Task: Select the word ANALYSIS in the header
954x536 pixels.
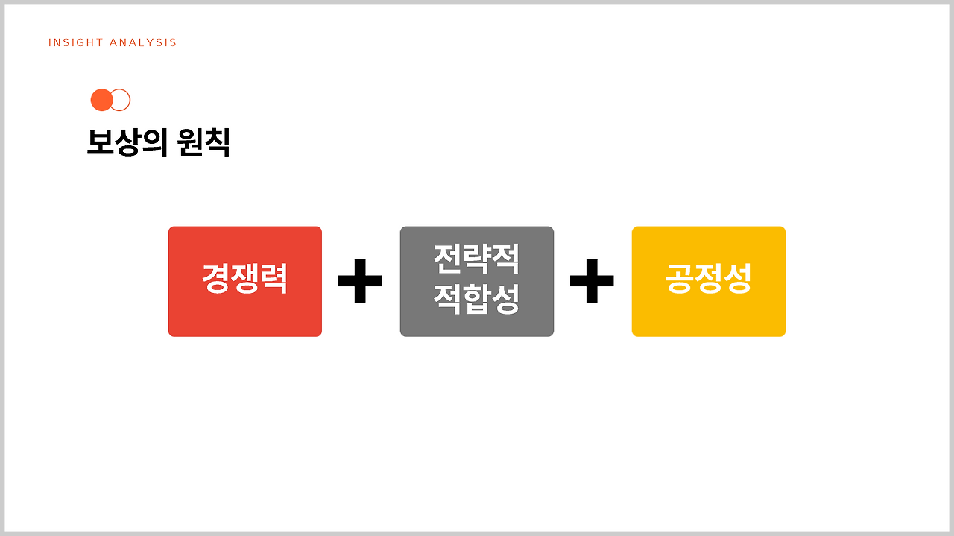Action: click(143, 43)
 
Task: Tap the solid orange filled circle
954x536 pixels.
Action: click(101, 100)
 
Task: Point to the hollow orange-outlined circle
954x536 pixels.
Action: click(121, 100)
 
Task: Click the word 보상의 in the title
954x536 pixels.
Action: click(127, 142)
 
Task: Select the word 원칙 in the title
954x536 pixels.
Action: click(203, 142)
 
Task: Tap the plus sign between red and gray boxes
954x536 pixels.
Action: click(360, 281)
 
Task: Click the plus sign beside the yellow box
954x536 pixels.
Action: click(592, 281)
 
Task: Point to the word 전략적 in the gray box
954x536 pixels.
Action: click(476, 259)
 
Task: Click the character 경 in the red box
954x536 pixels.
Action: click(216, 280)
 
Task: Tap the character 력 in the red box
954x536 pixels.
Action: click(274, 280)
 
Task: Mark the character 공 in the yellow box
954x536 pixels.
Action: click(680, 280)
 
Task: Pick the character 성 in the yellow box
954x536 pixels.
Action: click(738, 280)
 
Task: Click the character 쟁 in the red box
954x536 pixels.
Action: click(245, 280)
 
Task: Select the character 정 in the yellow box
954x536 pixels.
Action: click(709, 280)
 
